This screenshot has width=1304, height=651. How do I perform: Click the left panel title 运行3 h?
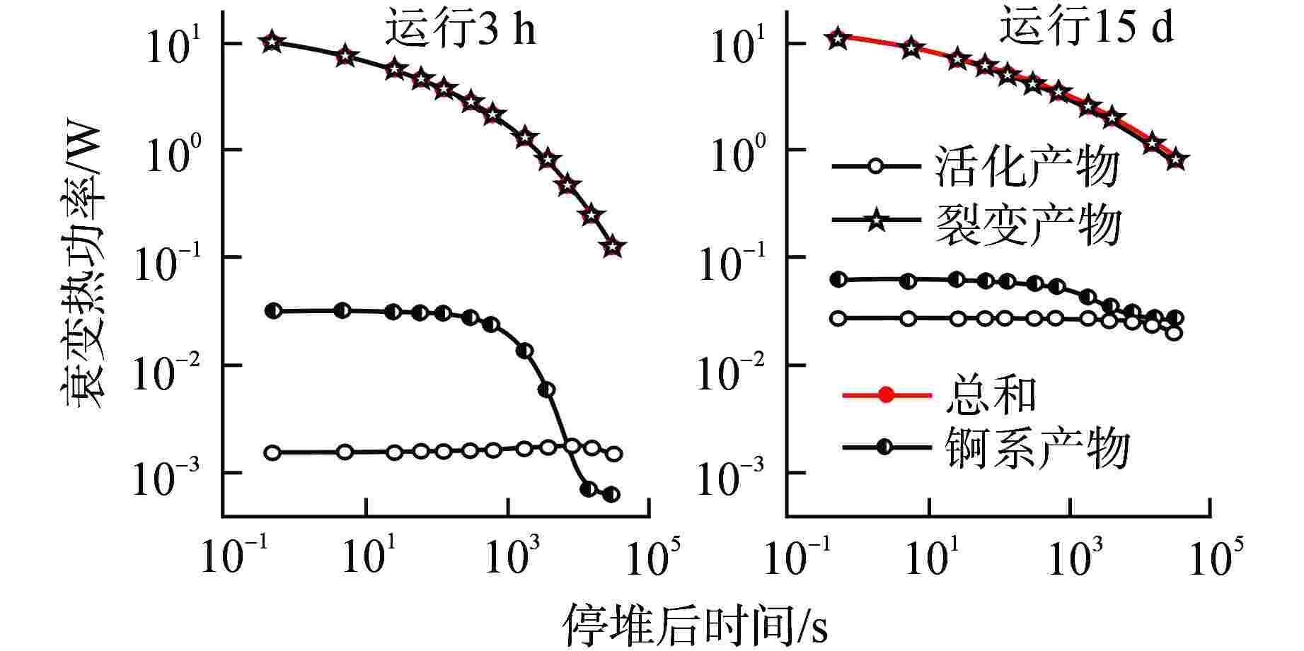click(x=460, y=30)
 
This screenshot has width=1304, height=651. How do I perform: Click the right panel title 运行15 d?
click(x=1086, y=28)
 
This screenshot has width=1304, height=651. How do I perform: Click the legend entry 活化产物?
click(x=1027, y=167)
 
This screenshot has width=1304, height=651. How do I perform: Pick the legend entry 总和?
click(x=991, y=394)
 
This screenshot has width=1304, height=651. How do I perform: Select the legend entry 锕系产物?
click(x=1036, y=448)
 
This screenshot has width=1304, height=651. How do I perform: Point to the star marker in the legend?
click(x=876, y=222)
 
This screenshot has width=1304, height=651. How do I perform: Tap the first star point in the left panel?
click(x=272, y=42)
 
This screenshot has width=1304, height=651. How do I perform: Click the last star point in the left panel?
click(x=613, y=247)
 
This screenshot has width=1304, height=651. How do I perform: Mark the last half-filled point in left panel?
click(x=611, y=494)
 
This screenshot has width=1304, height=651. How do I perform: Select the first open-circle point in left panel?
click(x=272, y=452)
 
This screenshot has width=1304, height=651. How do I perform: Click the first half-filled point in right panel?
click(x=838, y=280)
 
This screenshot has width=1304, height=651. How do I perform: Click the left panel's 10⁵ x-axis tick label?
click(x=645, y=557)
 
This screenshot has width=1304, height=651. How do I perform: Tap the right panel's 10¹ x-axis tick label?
click(x=931, y=557)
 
